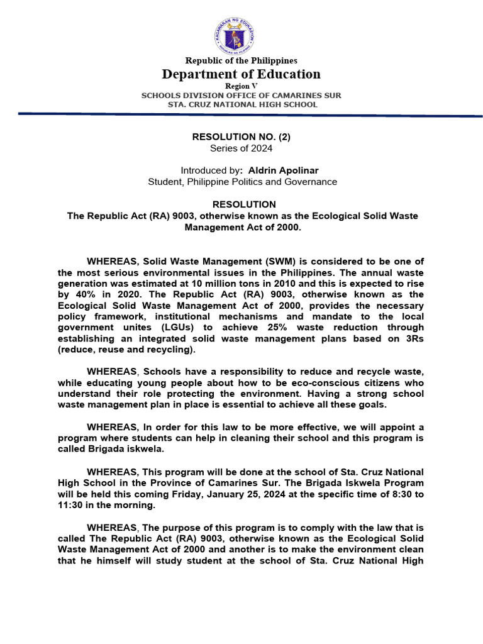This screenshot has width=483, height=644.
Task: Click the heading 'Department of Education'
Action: click(x=241, y=74)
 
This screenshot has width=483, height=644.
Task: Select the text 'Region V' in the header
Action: click(x=241, y=86)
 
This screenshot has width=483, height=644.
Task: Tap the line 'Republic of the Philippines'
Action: click(x=241, y=60)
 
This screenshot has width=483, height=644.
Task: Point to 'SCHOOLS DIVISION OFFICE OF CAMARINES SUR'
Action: click(x=241, y=95)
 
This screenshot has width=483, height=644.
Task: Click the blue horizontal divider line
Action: click(x=241, y=114)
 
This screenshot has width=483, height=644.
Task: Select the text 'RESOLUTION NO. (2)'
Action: click(x=241, y=136)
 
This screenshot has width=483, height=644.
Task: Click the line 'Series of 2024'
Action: click(x=241, y=148)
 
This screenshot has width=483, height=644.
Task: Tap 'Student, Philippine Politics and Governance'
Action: click(x=241, y=182)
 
